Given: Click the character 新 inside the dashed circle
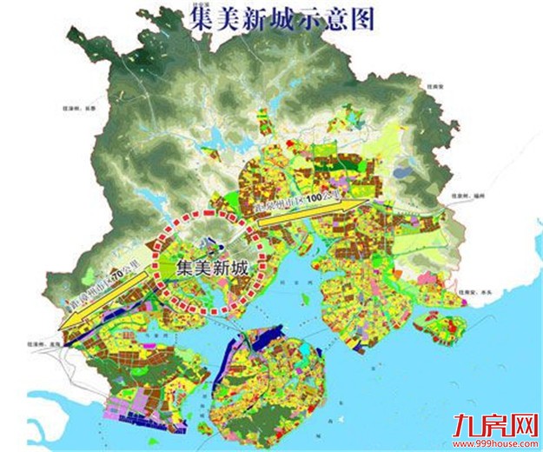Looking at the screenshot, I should click(223, 269).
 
